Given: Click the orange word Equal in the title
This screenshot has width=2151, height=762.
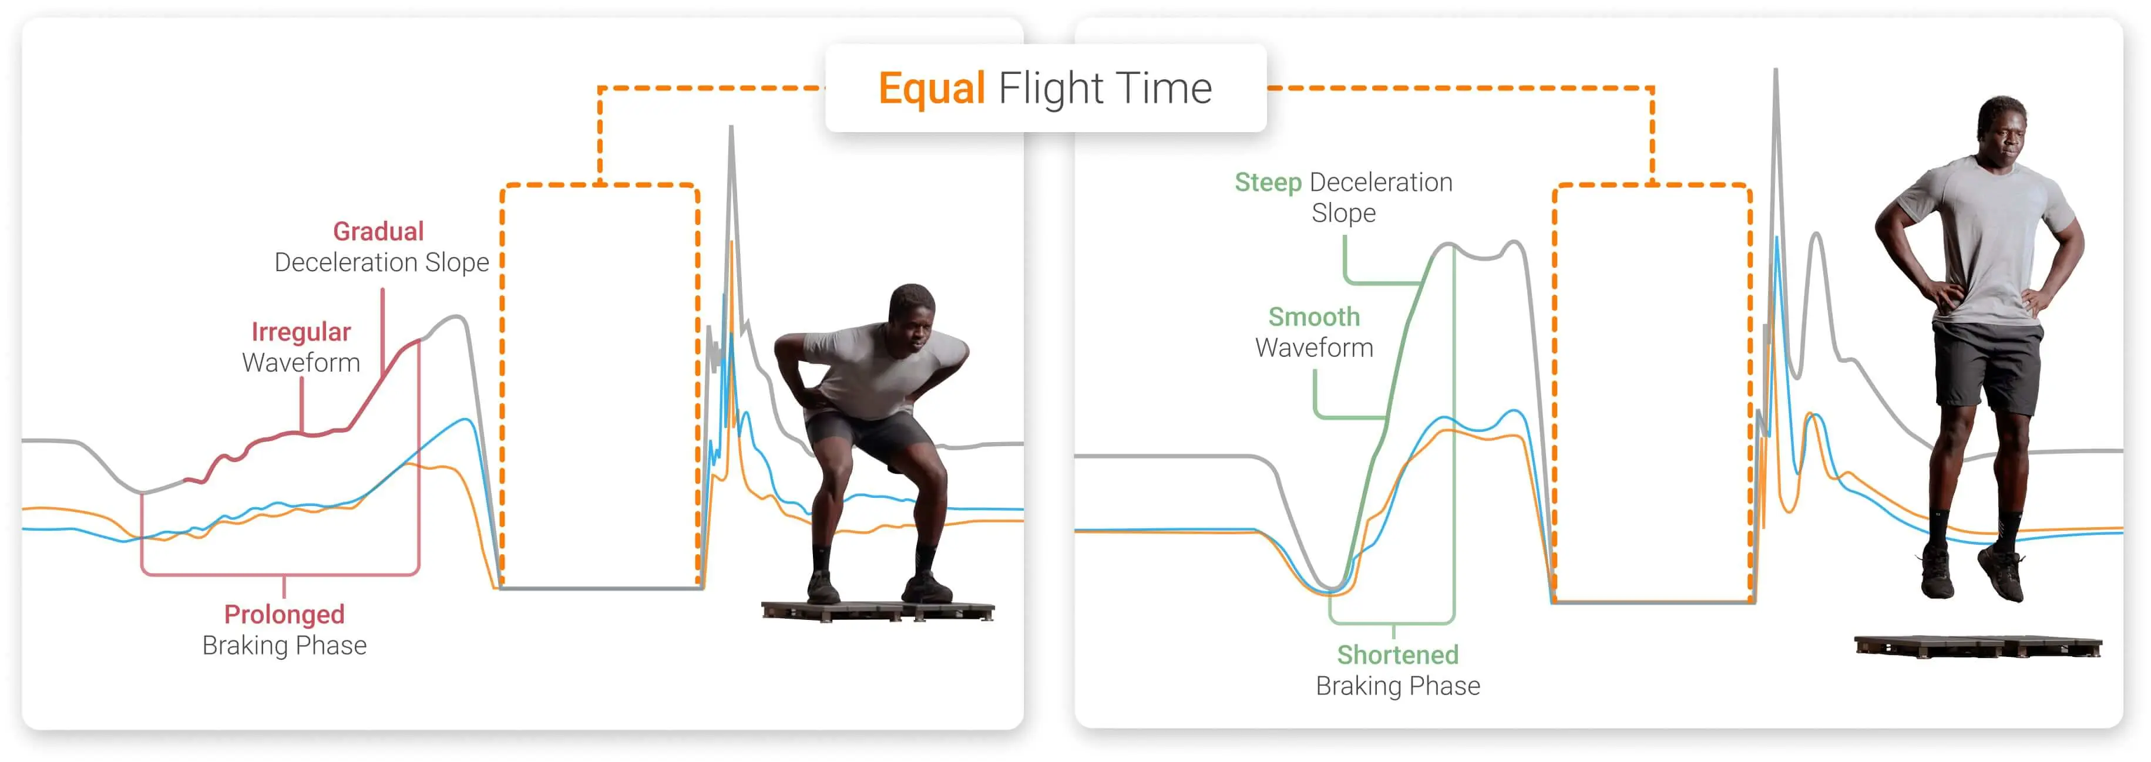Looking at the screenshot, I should pos(931,89).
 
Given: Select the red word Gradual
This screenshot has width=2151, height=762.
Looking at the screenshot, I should pos(378,231).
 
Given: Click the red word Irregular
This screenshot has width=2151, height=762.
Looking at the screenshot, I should pos(301,332).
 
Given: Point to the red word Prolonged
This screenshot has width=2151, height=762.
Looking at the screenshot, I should pos(284,614).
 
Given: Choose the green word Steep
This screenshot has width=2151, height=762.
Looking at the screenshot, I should pos(1268,182).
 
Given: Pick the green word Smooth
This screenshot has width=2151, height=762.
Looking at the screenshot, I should pos(1313,317).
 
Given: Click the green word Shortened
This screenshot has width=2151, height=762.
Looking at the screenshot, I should pos(1397,655).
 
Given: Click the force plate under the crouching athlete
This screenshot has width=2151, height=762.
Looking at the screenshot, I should pos(877,612).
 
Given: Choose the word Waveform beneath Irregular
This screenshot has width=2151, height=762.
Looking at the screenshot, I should pos(301,363).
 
